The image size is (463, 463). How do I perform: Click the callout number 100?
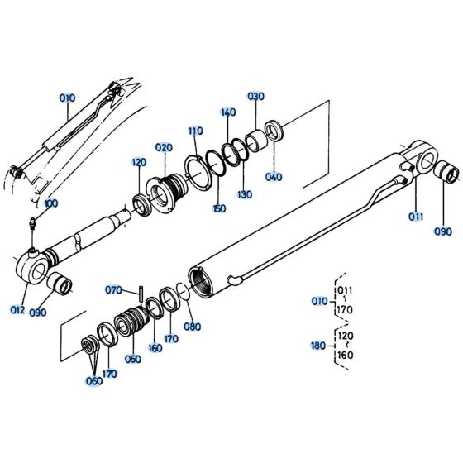coord(51,203)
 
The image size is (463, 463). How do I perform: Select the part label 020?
coord(164,147)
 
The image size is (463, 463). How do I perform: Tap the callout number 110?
coord(195,131)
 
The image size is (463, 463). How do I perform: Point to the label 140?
coord(228,112)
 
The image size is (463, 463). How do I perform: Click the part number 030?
coord(255,96)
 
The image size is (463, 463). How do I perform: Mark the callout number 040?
coord(273,177)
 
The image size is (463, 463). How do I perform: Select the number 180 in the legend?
coord(318,346)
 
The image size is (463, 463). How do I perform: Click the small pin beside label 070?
coord(142,290)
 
